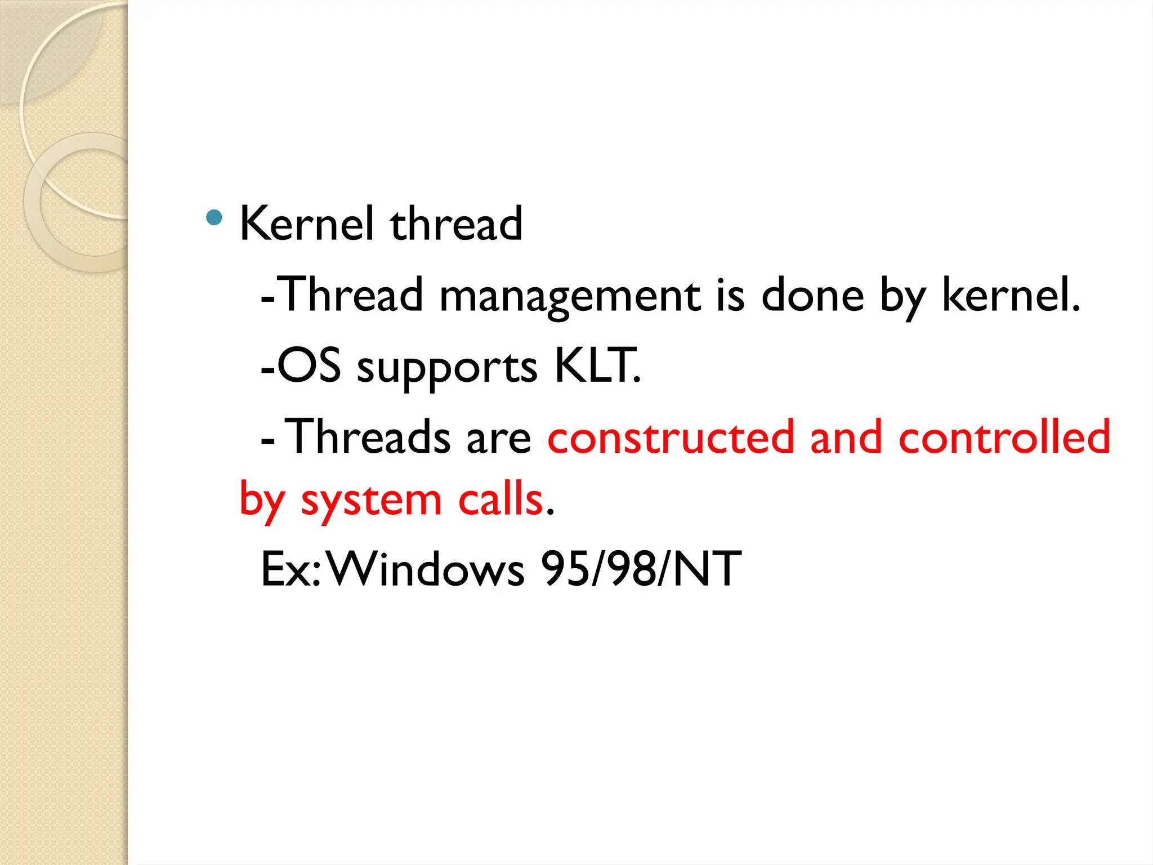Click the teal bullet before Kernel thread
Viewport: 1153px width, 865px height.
214,217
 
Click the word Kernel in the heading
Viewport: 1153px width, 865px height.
306,224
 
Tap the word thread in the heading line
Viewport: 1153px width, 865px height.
456,224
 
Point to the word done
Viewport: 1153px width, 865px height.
812,295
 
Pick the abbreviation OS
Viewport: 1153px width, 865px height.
309,366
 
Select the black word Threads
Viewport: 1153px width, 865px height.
368,437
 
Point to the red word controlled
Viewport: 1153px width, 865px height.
1004,437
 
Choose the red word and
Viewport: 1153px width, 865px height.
846,437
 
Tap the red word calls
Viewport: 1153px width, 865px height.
500,500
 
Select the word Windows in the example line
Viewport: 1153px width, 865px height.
426,569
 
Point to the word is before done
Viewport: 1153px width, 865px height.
731,295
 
